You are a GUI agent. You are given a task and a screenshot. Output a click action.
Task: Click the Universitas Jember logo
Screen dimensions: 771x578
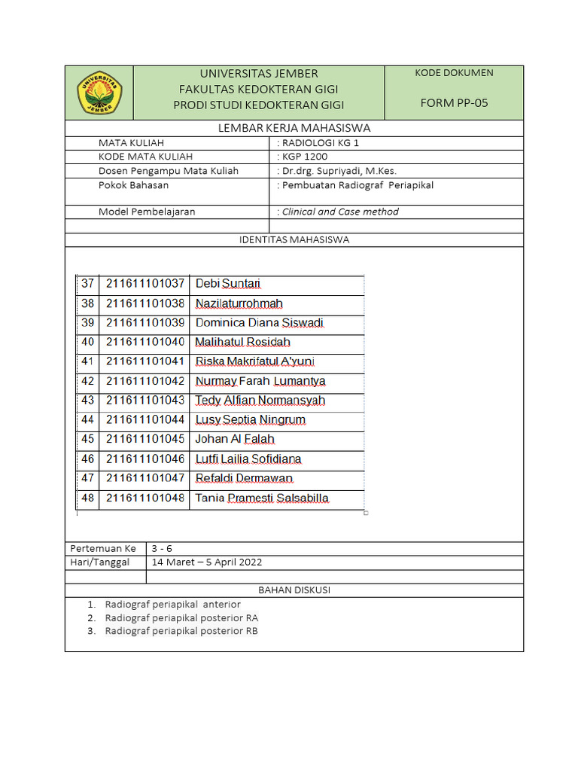point(99,93)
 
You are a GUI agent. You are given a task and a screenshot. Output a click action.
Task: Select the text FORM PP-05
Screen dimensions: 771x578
point(454,103)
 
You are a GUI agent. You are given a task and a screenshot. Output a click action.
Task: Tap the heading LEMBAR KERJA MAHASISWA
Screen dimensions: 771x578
point(294,128)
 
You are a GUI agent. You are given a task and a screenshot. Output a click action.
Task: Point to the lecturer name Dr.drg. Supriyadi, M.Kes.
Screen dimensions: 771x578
point(338,171)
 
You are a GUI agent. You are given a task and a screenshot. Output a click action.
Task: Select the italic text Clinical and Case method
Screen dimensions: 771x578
point(339,212)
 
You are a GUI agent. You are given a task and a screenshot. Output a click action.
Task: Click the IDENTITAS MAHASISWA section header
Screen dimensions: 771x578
point(294,240)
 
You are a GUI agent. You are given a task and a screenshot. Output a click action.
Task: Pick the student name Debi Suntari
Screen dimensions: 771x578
point(228,284)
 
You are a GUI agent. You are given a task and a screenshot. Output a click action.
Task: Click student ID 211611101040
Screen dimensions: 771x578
point(145,343)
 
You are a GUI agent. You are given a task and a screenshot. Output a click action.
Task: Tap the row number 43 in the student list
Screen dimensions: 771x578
point(88,401)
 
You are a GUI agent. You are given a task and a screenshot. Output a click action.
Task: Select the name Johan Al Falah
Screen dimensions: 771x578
point(235,439)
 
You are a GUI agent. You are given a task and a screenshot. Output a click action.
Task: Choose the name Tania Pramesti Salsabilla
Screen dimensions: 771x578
point(262,498)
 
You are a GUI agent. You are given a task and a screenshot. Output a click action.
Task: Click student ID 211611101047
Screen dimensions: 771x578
point(145,478)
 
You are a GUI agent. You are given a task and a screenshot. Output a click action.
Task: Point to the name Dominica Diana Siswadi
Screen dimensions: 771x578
point(260,323)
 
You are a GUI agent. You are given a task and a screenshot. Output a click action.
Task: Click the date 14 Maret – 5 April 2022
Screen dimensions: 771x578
point(207,562)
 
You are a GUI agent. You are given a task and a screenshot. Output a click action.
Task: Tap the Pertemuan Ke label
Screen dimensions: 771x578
point(103,548)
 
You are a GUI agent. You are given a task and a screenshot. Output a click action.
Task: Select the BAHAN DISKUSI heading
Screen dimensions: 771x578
point(294,590)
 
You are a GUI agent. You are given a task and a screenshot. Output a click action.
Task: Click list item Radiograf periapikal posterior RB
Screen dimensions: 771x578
point(181,631)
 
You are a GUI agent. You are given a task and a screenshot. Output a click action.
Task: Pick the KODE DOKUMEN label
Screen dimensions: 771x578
point(454,73)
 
